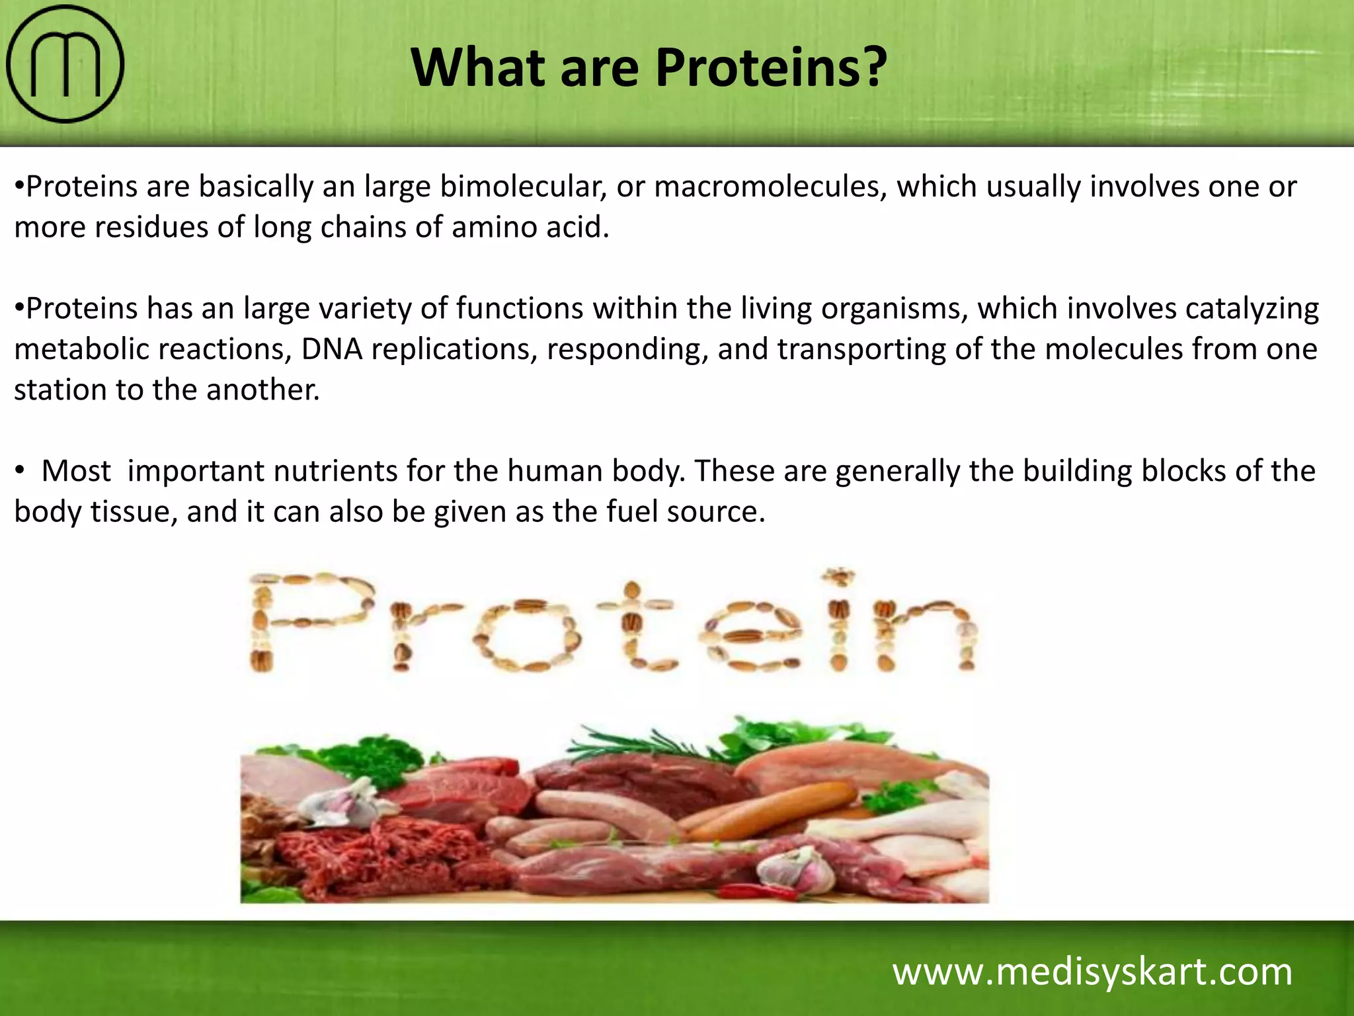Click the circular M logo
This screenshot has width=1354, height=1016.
[65, 64]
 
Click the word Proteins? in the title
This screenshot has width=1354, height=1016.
[770, 67]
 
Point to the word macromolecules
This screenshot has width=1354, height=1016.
[770, 187]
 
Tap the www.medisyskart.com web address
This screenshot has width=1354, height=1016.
[1092, 972]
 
